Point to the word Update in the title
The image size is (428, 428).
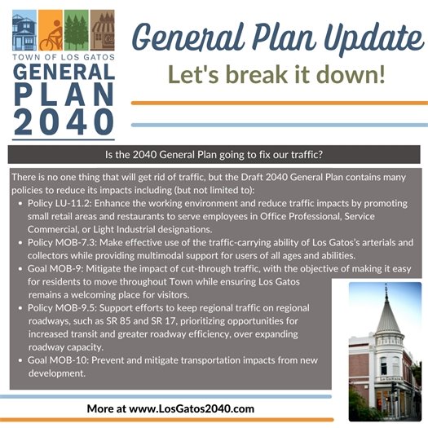point(359,37)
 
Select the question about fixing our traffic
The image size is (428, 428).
point(214,154)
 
